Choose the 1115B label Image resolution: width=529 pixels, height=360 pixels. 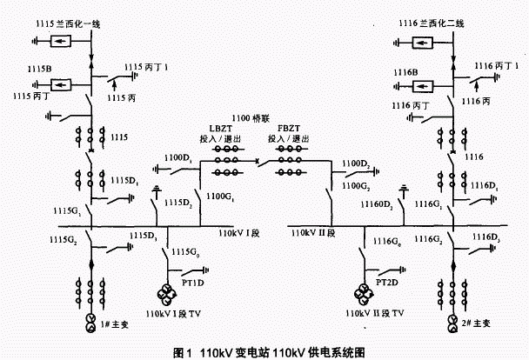click(24, 70)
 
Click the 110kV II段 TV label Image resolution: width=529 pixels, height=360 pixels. click(372, 311)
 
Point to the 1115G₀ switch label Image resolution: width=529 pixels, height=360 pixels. click(184, 250)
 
